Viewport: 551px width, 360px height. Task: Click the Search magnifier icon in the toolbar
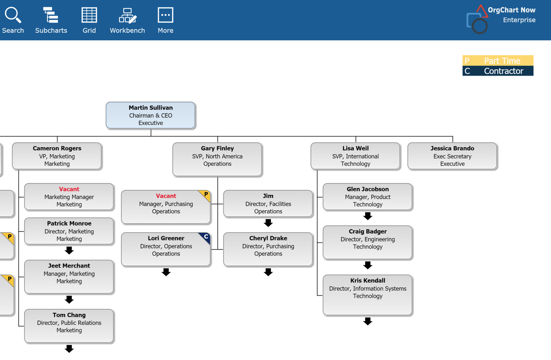click(x=13, y=15)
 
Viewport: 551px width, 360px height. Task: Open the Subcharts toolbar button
click(x=50, y=15)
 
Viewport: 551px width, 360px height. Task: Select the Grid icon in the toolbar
click(x=89, y=15)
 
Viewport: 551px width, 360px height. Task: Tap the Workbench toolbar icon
click(x=127, y=16)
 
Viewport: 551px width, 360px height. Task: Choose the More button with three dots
click(x=166, y=15)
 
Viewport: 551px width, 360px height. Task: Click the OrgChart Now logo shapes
click(x=477, y=19)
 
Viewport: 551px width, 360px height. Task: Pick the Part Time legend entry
click(x=497, y=61)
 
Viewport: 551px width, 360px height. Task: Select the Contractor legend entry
click(x=497, y=71)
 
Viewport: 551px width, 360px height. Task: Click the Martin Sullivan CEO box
click(x=150, y=115)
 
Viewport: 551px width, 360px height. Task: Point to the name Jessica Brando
click(x=452, y=148)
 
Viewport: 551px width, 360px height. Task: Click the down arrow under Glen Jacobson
click(x=367, y=216)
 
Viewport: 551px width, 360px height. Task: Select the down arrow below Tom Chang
click(x=69, y=349)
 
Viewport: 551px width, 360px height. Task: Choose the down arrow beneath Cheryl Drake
click(x=268, y=272)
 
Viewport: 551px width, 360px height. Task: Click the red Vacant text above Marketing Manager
click(x=69, y=189)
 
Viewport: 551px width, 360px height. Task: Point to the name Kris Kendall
click(x=367, y=280)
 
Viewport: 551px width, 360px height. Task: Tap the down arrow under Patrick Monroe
click(x=69, y=250)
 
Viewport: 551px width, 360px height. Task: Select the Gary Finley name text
click(x=217, y=148)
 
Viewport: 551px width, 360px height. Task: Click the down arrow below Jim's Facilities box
click(x=268, y=223)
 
